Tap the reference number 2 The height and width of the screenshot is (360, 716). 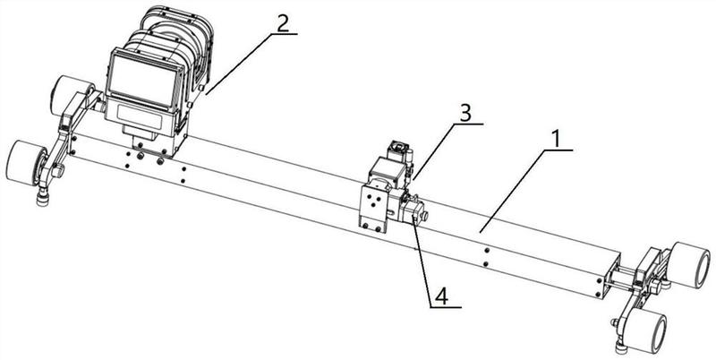coord(282,22)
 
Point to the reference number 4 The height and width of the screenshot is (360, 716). coord(440,294)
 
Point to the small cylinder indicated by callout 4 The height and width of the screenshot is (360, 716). coord(414,211)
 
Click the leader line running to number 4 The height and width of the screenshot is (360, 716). coord(425,260)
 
